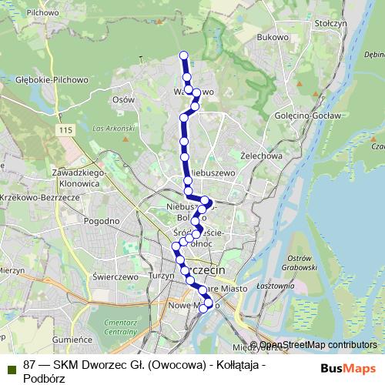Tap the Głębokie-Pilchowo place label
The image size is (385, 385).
(x=52, y=79)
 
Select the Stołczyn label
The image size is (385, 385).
(x=332, y=24)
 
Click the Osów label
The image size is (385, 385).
(x=122, y=99)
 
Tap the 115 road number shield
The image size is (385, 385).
(x=64, y=131)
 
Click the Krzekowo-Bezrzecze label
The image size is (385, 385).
(x=39, y=198)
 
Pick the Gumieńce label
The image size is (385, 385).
(x=72, y=339)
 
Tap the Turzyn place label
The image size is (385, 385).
(x=163, y=276)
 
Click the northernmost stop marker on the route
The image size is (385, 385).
(x=183, y=55)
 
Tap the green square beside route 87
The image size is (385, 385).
(x=11, y=366)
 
